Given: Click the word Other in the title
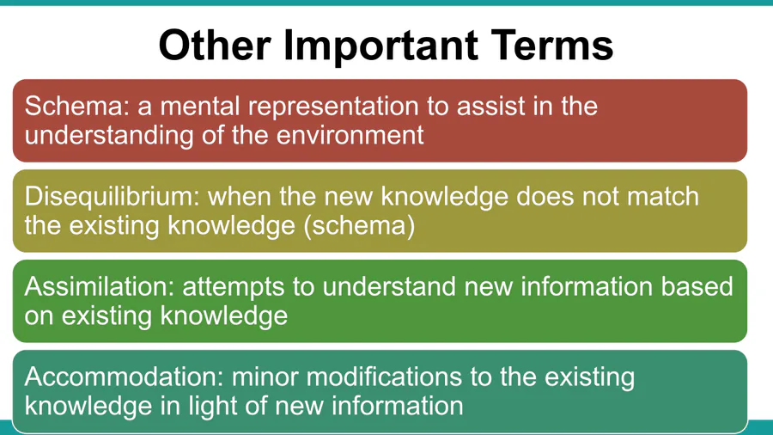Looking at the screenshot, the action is pyautogui.click(x=215, y=45).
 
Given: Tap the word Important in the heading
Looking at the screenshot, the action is pyautogui.click(x=380, y=47).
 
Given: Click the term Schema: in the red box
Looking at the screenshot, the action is pyautogui.click(x=77, y=106).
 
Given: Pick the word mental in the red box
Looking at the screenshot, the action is pyautogui.click(x=200, y=106).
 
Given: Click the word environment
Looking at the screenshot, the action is pyautogui.click(x=350, y=135).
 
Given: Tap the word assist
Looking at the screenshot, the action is pyautogui.click(x=490, y=106).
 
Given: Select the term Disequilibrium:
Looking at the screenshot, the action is pyautogui.click(x=112, y=197).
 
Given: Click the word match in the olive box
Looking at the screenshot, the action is pyautogui.click(x=662, y=196).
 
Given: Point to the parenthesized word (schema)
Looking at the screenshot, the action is pyautogui.click(x=359, y=226).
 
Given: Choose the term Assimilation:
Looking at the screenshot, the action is pyautogui.click(x=100, y=286).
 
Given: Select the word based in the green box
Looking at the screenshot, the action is pyautogui.click(x=697, y=286).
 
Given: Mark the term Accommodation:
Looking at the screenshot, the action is pyautogui.click(x=125, y=377).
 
